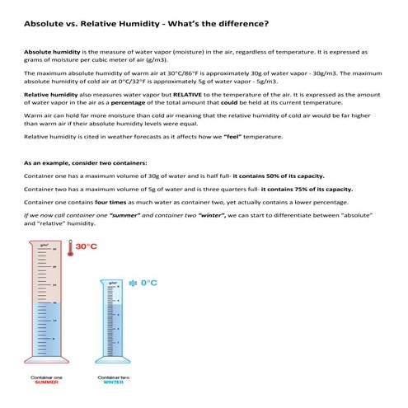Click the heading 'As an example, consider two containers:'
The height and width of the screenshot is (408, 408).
tap(86, 162)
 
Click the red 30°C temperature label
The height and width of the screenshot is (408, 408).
tap(87, 246)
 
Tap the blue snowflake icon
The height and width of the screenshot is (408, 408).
tap(132, 283)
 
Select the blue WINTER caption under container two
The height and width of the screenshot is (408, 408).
tap(114, 382)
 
